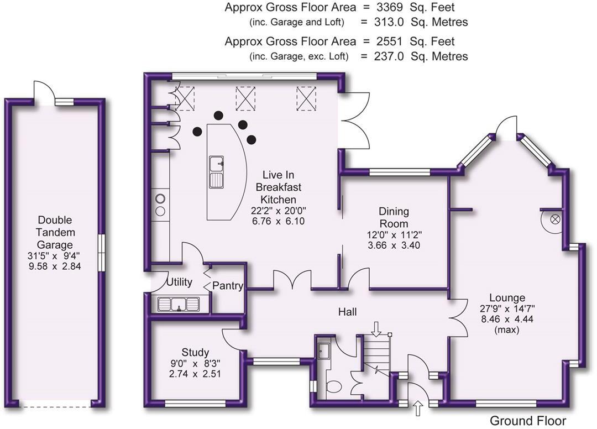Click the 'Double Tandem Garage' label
[x=55, y=232]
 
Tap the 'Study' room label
[x=195, y=352]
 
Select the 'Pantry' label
[x=228, y=286]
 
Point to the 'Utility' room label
[x=179, y=282]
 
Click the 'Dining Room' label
[x=394, y=217]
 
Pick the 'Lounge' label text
[x=503, y=298]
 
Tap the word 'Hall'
[x=347, y=312]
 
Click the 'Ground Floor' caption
[x=527, y=421]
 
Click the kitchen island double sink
[x=217, y=171]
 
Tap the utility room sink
[x=178, y=304]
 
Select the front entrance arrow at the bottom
[x=417, y=409]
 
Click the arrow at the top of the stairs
[x=376, y=328]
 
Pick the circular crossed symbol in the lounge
[x=555, y=219]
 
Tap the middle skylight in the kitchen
[x=244, y=98]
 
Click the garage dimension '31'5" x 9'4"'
[x=55, y=256]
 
